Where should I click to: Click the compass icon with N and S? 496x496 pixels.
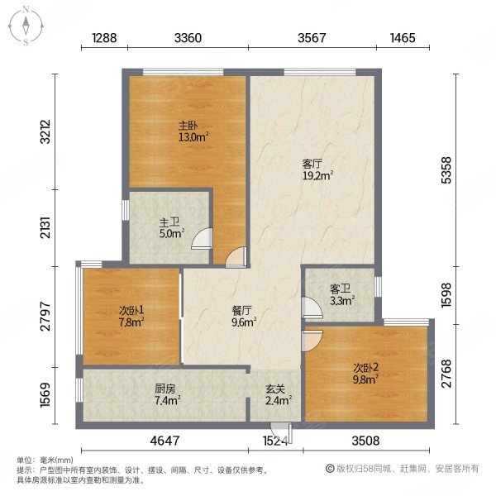point(26,25)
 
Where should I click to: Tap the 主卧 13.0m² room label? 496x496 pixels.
point(187,131)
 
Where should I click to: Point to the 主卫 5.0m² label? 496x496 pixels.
point(169,227)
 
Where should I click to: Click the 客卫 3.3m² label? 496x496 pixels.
point(341,295)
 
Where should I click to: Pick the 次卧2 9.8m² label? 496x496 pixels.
point(365,374)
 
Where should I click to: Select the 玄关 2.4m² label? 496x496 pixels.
point(274,394)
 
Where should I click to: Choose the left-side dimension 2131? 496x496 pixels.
point(46,227)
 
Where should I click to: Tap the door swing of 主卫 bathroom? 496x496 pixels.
point(200,241)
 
